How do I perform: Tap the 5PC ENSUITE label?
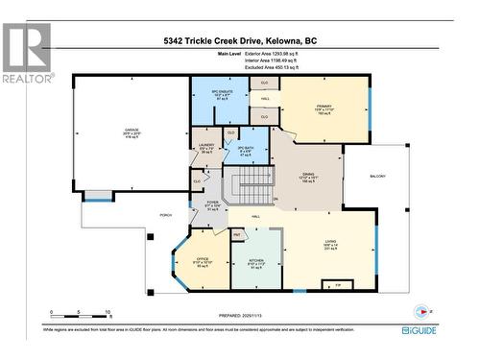point(223,93)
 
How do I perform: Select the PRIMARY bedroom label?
point(323,108)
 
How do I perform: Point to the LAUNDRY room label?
point(205,146)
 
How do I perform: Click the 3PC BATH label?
point(246,148)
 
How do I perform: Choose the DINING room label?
point(308,175)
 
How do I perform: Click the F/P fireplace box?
point(336,285)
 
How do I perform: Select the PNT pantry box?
point(235,234)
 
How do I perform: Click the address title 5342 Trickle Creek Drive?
point(240,41)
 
